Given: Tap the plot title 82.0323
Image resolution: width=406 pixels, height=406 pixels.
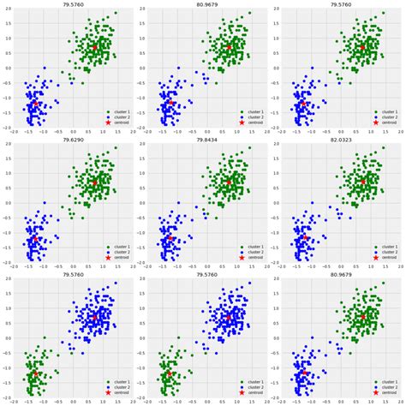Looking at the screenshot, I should coord(339,140).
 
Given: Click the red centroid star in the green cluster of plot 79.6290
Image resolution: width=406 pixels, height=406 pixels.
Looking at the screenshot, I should coord(94,182).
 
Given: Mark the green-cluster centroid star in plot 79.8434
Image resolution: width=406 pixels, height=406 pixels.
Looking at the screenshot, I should coord(229,182).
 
